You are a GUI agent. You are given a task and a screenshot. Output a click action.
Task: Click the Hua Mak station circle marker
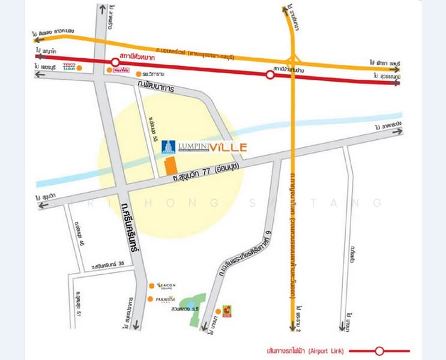tap(115, 62)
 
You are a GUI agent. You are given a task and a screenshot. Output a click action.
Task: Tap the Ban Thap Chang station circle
tap(270, 74)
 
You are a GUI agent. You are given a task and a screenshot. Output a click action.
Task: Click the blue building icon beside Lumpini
tap(168, 146)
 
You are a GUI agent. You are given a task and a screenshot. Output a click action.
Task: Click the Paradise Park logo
tap(166, 299)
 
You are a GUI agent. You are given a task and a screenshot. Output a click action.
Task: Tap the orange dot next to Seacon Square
tap(150, 286)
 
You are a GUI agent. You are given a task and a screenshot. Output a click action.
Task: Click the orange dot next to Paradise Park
tap(150, 299)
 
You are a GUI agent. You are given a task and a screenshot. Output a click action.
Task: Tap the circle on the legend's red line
tap(379, 350)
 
